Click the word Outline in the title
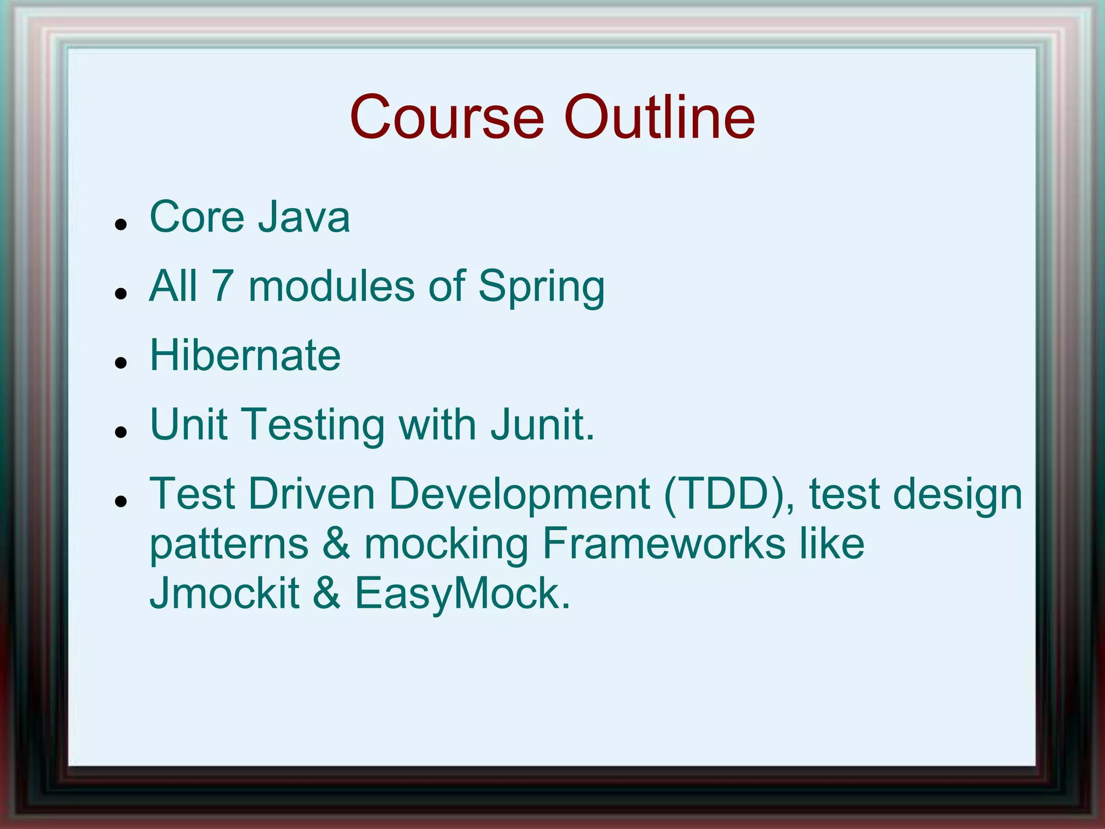click(659, 117)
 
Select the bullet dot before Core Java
click(121, 223)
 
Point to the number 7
click(222, 286)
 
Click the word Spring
click(541, 287)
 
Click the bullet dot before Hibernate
click(121, 362)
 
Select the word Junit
click(542, 425)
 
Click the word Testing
click(315, 426)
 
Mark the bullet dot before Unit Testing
click(121, 432)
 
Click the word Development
click(519, 495)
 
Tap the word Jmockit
click(224, 593)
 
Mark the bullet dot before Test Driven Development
click(121, 501)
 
